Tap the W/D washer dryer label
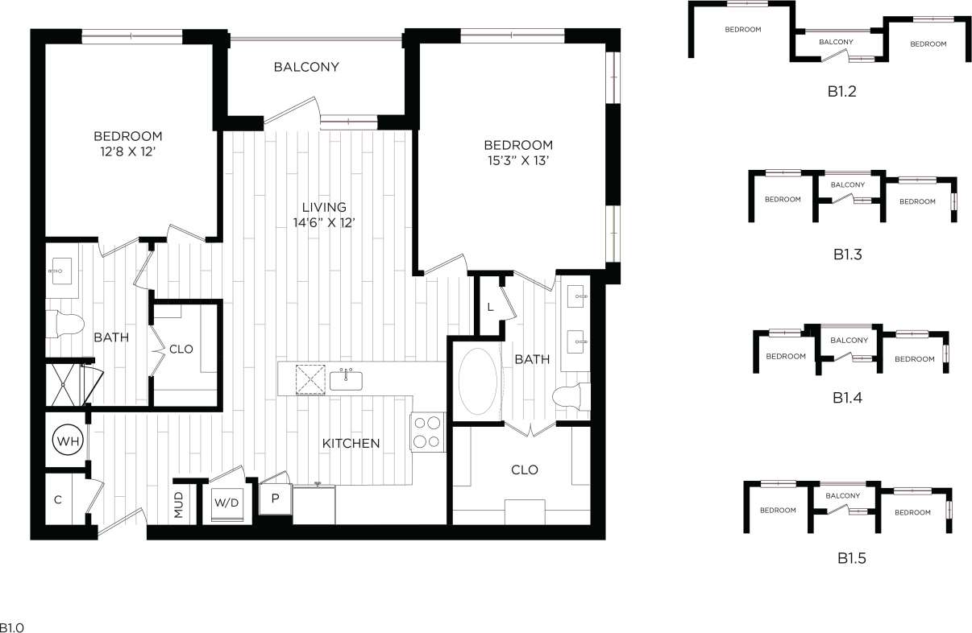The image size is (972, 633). coord(226,503)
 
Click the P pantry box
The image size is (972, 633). coord(275,498)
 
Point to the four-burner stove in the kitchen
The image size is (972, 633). coord(428,432)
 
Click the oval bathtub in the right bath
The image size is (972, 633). coord(478,381)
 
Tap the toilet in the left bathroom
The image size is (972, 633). coord(66,325)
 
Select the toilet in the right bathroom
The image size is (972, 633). coord(571,395)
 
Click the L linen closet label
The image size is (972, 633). coord(489,306)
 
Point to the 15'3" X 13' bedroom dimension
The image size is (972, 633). coord(518,159)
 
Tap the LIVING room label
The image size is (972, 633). coord(325,207)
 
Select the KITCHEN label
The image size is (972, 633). coord(351,443)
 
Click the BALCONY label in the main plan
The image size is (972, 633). coord(306,67)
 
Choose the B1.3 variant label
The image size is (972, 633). coord(848,254)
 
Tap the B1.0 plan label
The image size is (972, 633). coord(11,627)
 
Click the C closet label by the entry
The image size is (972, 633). coord(57,499)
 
